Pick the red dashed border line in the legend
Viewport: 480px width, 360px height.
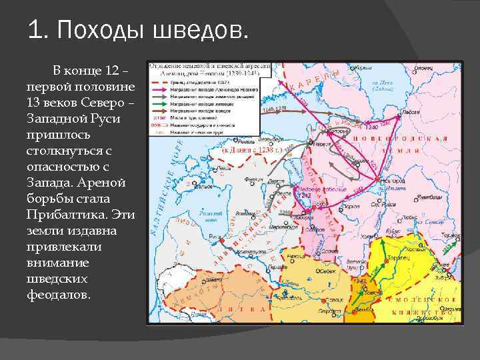(x=160, y=125)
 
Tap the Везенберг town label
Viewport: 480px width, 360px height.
(x=266, y=140)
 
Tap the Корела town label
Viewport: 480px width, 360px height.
(x=363, y=68)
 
